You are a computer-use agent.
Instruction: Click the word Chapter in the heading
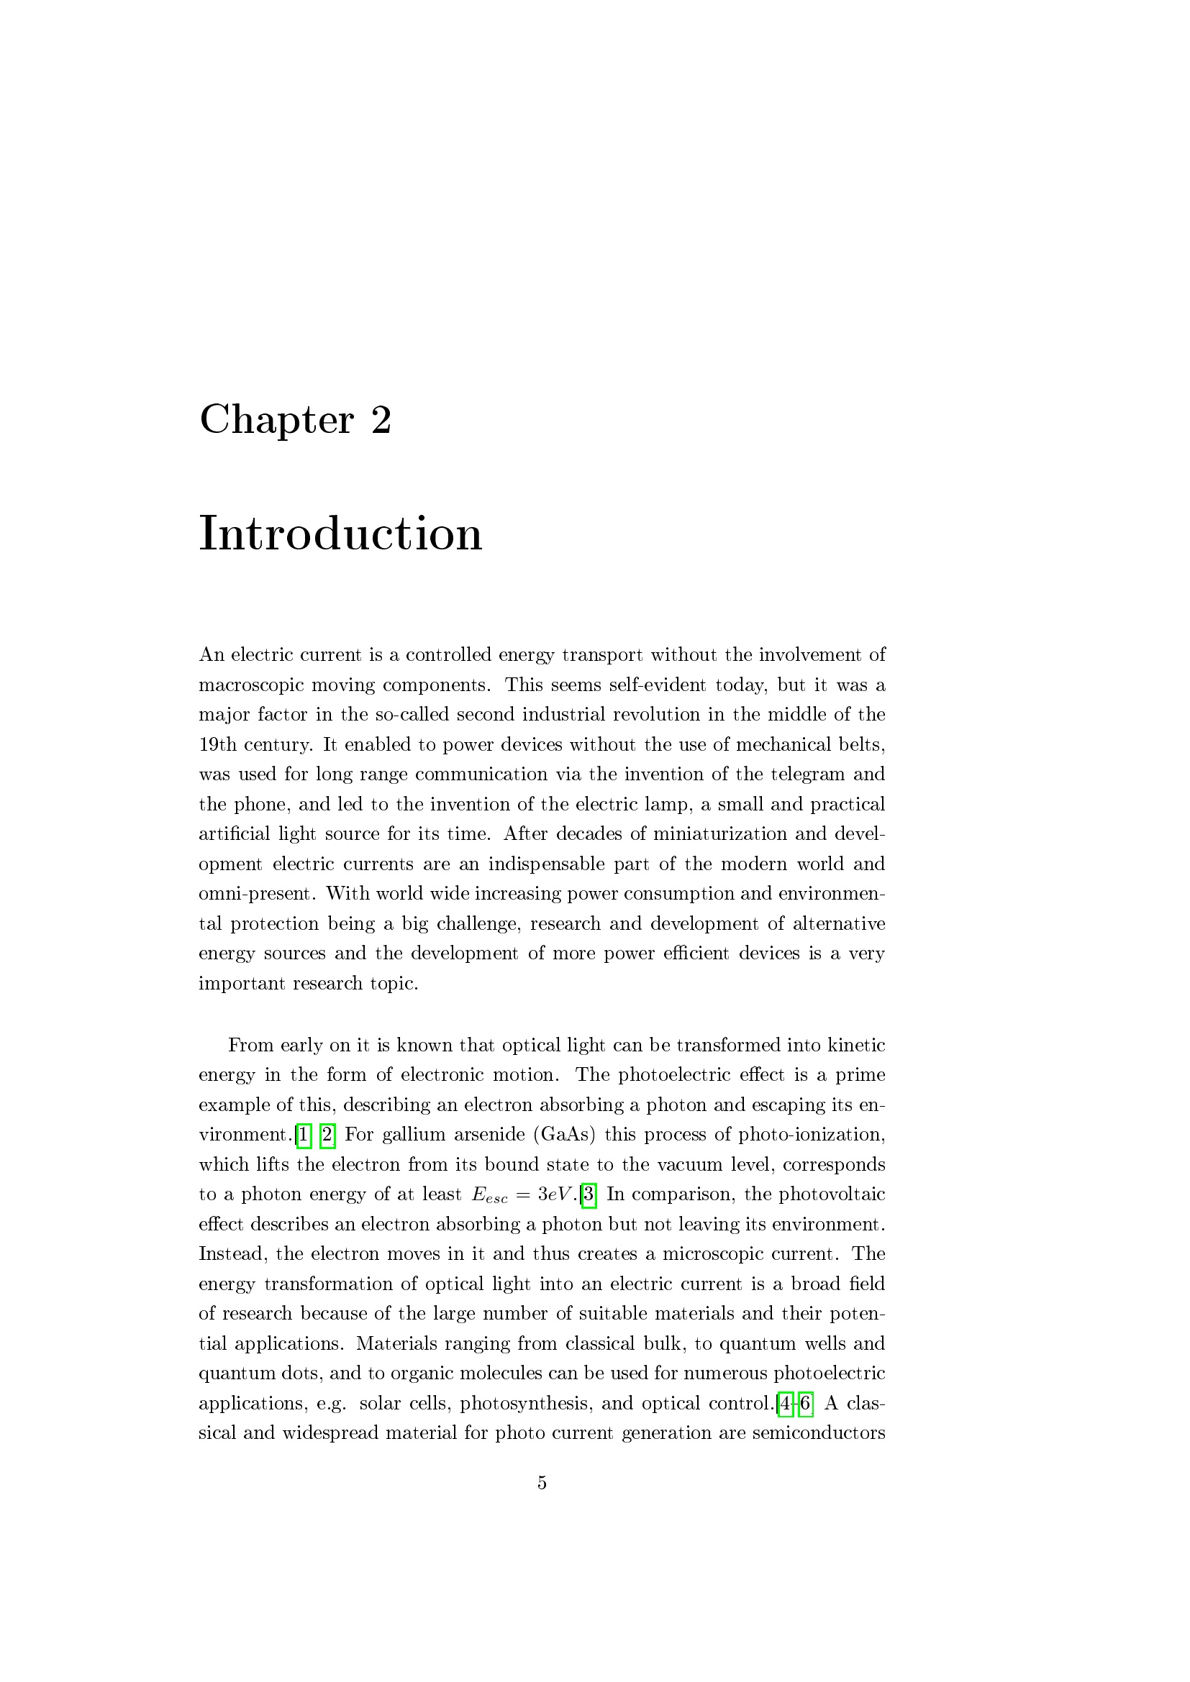pos(276,421)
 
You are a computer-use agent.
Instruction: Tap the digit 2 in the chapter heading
pos(381,421)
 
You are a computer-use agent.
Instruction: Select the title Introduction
pos(341,534)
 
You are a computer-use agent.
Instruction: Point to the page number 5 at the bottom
pos(542,1483)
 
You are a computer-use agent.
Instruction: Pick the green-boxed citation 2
pos(327,1135)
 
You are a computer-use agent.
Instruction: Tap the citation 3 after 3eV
pos(589,1195)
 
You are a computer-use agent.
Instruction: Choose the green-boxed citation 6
pos(805,1404)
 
